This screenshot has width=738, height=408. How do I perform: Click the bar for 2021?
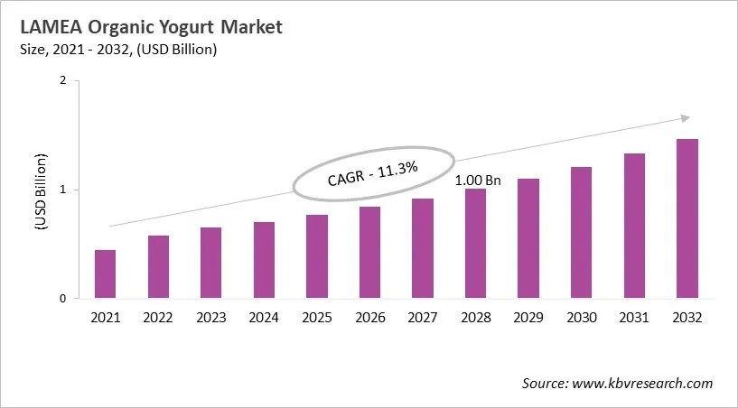[106, 274]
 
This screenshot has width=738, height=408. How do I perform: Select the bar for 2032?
[687, 219]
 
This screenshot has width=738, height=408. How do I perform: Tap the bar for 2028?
[476, 244]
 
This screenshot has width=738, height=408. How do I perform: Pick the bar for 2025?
[317, 256]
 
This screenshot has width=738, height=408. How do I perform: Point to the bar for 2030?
[582, 233]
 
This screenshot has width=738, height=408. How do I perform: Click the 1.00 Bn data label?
[477, 180]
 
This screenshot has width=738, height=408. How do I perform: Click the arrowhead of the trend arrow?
[685, 117]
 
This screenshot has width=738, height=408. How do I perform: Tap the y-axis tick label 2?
[63, 80]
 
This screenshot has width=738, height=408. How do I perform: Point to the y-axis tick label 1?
[63, 190]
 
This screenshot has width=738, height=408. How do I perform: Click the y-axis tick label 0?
[63, 299]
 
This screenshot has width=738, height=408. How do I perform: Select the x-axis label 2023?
[211, 317]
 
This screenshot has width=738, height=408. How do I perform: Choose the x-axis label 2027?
[423, 317]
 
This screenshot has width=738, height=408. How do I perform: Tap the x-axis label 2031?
[634, 317]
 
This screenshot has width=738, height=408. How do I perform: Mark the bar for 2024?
[264, 260]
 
